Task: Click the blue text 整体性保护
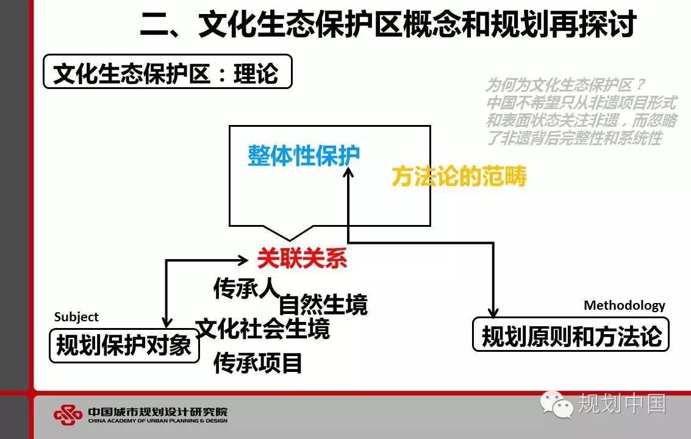click(304, 155)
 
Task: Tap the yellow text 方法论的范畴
click(459, 176)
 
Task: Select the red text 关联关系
click(303, 258)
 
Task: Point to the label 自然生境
click(323, 305)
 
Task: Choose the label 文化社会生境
click(263, 329)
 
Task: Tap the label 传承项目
click(258, 363)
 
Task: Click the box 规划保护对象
click(124, 346)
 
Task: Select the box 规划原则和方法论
click(571, 335)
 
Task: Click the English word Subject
click(76, 317)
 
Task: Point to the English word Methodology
click(625, 305)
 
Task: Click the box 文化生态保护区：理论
click(168, 71)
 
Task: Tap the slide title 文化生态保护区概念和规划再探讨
click(417, 24)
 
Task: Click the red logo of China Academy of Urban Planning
click(68, 415)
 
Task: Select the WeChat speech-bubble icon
click(557, 404)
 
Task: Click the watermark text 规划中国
click(622, 403)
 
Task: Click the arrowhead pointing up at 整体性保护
click(348, 173)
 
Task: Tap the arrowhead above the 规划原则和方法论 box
click(493, 313)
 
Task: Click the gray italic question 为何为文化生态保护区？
click(566, 85)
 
